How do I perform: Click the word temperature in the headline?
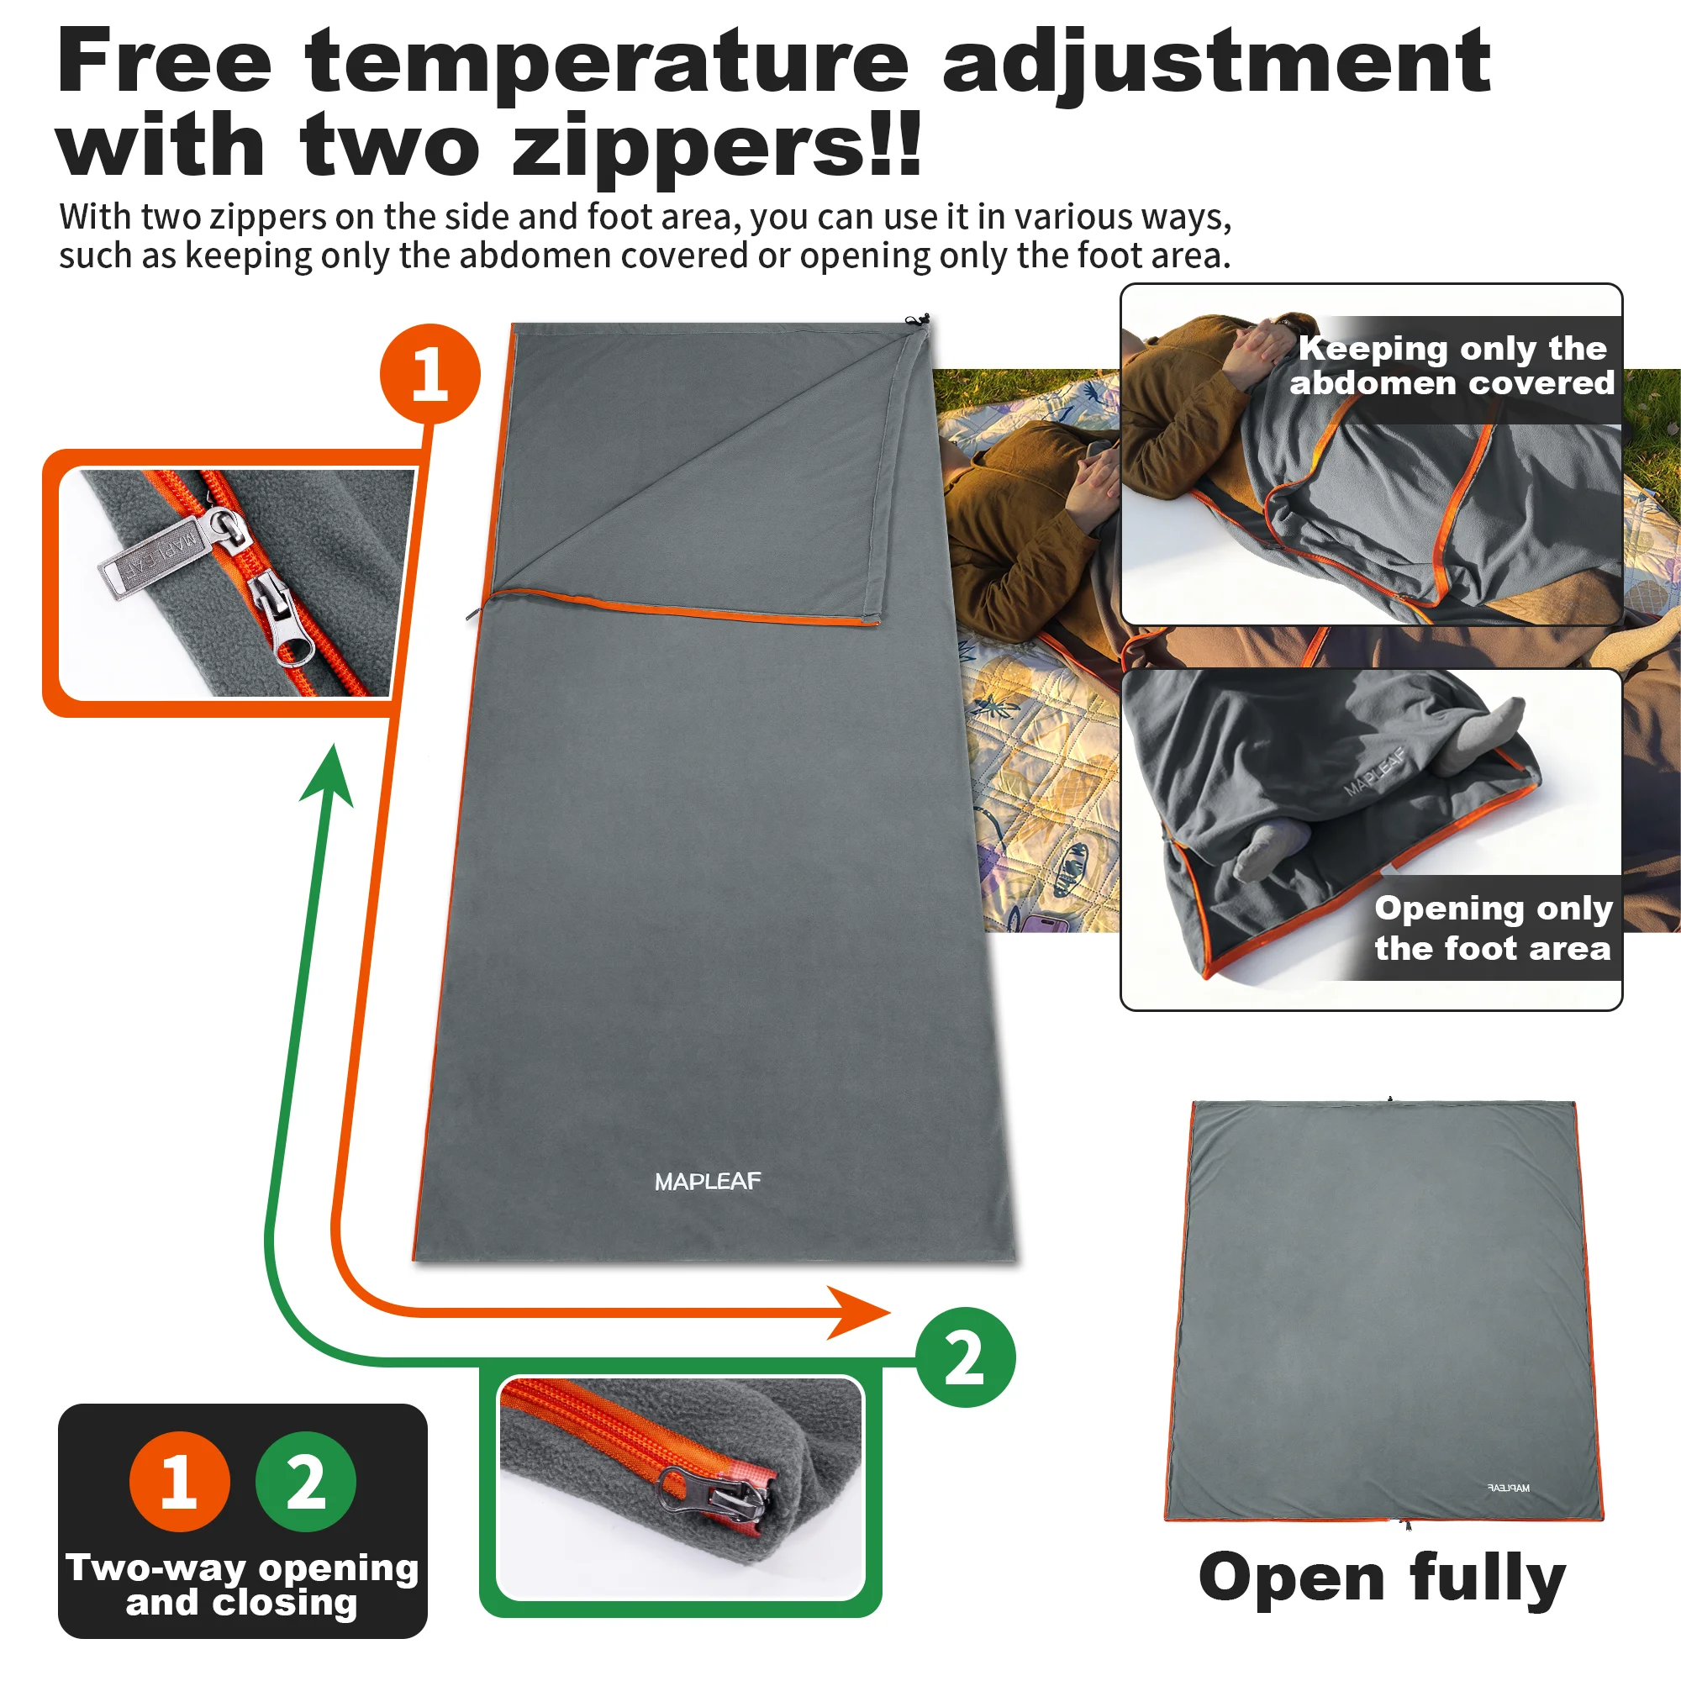607,63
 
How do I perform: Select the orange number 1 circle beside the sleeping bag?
429,374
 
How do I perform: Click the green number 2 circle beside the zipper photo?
965,1357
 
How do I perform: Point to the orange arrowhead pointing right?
857,1312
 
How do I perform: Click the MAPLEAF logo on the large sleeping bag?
708,1182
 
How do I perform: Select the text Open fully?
1382,1577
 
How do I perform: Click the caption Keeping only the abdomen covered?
1452,366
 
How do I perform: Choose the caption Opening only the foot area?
1492,928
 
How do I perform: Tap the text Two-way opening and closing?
242,1584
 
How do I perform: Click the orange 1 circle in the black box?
179,1482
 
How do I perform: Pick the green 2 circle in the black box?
305,1482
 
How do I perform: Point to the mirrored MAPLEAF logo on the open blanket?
1508,1488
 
